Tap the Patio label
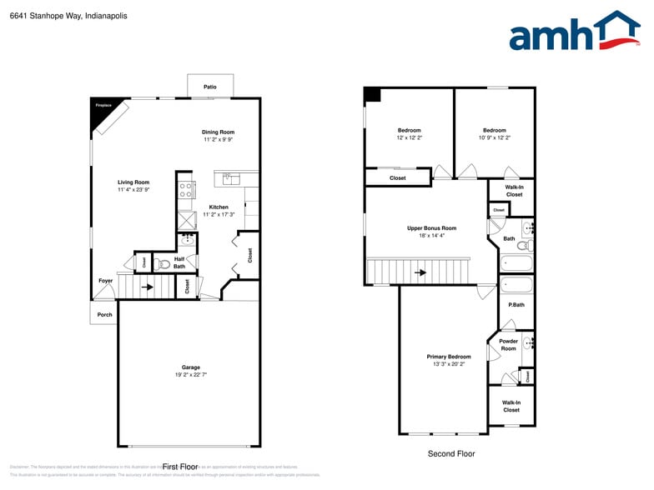pos(210,87)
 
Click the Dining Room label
pos(219,132)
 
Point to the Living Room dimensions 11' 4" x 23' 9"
pos(133,190)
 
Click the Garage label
pos(191,367)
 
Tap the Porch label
pos(105,314)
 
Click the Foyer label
pos(105,281)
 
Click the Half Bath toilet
pos(163,264)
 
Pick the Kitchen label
pos(219,207)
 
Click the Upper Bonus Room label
pos(431,227)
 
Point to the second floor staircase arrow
pos(421,272)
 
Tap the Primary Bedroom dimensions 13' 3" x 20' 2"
pos(448,364)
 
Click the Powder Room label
pos(508,344)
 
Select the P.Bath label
pos(517,304)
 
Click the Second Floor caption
pos(450,453)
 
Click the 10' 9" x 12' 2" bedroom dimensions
pos(494,137)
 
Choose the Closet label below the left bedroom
pos(398,177)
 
